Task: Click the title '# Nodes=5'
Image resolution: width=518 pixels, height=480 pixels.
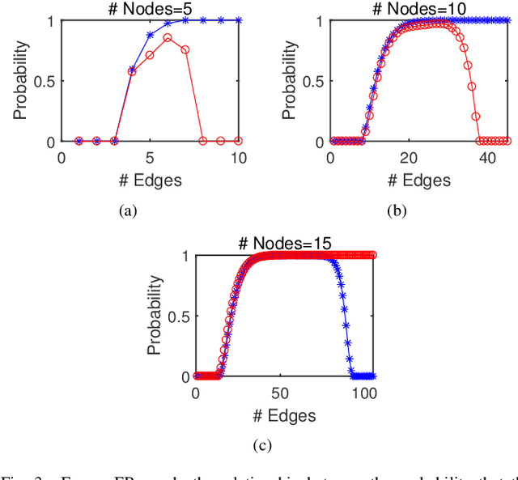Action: pos(150,9)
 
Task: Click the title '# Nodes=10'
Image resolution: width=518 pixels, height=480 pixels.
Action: pos(418,9)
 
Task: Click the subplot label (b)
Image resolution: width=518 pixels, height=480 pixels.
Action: pos(397,210)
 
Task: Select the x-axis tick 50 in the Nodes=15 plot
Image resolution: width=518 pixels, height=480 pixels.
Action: pos(280,393)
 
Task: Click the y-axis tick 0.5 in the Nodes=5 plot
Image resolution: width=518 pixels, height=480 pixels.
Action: pos(43,81)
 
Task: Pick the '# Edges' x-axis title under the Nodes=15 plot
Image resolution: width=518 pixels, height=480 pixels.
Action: pos(283,414)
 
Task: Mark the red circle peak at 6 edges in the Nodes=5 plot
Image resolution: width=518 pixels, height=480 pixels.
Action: pos(167,37)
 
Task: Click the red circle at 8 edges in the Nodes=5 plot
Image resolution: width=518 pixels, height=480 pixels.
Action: pos(202,141)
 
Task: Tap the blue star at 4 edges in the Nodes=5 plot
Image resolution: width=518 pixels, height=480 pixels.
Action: pos(132,70)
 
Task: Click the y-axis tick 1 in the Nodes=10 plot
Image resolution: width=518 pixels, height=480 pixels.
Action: pos(317,21)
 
